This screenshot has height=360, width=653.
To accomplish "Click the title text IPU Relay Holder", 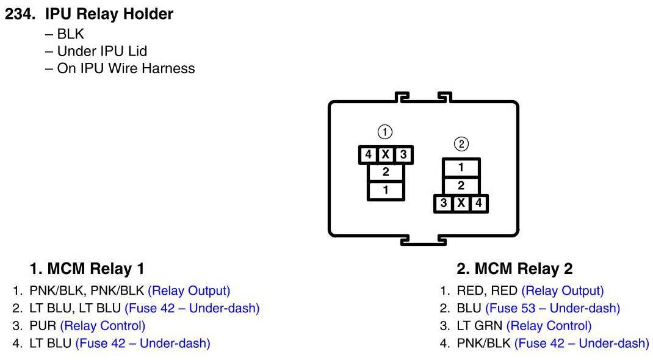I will (x=109, y=14).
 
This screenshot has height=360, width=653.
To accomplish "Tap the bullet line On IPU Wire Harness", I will (x=125, y=68).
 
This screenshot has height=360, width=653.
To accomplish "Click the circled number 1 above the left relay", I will (x=384, y=131).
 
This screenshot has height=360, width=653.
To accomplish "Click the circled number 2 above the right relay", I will (x=461, y=144).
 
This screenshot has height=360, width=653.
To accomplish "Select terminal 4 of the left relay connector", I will (x=368, y=155).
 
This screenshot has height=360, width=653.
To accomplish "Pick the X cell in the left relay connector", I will (x=385, y=155).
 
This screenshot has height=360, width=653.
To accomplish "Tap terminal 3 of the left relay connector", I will (x=403, y=155).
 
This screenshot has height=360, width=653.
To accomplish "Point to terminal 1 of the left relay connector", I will (x=385, y=190).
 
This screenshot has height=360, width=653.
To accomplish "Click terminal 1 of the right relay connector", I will (x=461, y=167).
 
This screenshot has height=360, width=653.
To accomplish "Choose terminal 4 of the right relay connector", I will (x=478, y=203).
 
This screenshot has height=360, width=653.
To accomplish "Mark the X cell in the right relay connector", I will (x=461, y=203).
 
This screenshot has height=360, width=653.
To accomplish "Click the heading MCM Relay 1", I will (x=87, y=268).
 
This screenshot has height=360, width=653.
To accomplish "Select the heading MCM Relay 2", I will (x=514, y=268).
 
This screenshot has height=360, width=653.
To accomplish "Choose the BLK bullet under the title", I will (x=70, y=34).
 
